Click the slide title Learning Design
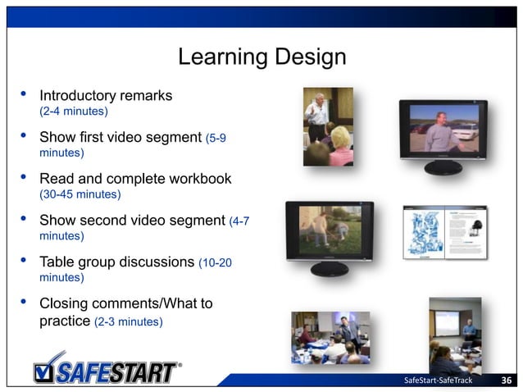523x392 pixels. [261, 58]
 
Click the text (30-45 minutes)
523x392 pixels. [80, 194]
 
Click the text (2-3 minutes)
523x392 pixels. [128, 321]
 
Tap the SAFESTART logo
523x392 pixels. [107, 369]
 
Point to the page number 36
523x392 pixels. [507, 380]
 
